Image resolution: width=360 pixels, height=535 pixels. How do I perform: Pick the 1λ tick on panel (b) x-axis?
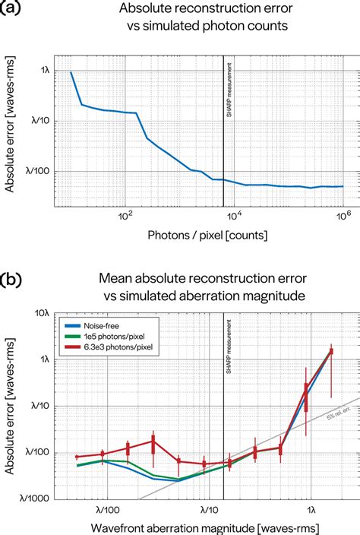[x=310, y=508]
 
